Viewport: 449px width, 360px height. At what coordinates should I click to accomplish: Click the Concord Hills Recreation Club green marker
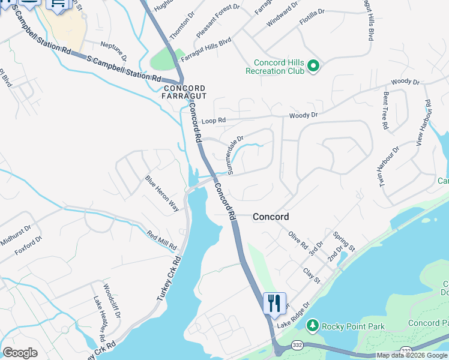pyautogui.click(x=313, y=67)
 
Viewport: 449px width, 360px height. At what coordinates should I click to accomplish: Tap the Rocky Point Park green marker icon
pyautogui.click(x=312, y=326)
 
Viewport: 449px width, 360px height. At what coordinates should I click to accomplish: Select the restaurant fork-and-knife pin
pyautogui.click(x=274, y=303)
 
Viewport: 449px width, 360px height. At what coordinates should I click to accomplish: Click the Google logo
pyautogui.click(x=20, y=353)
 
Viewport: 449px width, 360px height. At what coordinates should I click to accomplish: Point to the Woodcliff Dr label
pyautogui.click(x=112, y=301)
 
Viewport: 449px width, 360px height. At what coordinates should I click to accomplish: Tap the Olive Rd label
pyautogui.click(x=298, y=241)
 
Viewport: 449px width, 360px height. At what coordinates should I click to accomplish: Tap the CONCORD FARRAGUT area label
pyautogui.click(x=185, y=92)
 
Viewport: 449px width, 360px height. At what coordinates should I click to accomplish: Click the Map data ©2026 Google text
pyautogui.click(x=412, y=355)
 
